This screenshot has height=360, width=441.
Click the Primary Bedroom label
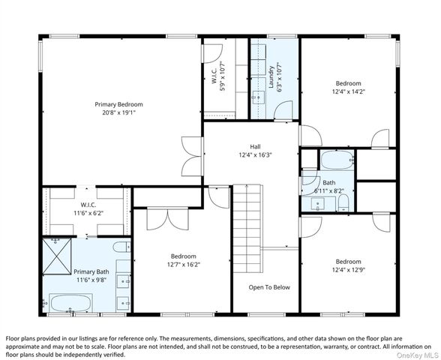click(118, 104)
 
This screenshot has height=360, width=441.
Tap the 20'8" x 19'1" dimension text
click(118, 112)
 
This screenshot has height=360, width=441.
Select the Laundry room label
click(271, 76)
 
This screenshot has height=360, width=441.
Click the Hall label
click(255, 146)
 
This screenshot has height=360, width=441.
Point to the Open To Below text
click(269, 287)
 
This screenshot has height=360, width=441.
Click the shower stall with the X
click(57, 256)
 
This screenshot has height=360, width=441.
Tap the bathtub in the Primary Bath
click(70, 303)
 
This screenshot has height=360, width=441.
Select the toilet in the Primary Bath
click(121, 247)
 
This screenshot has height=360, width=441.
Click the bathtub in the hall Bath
click(337, 160)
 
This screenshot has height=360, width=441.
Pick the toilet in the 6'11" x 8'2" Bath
click(343, 202)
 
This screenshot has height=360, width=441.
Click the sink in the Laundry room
click(259, 97)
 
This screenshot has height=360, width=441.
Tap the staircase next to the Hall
click(247, 228)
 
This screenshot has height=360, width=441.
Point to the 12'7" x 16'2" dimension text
click(183, 265)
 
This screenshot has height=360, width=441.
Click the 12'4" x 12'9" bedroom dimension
click(348, 270)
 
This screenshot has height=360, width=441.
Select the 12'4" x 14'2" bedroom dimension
click(349, 91)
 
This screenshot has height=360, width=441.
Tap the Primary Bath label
click(91, 271)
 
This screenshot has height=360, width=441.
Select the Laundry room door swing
click(283, 110)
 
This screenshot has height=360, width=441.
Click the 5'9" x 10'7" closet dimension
click(223, 76)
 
